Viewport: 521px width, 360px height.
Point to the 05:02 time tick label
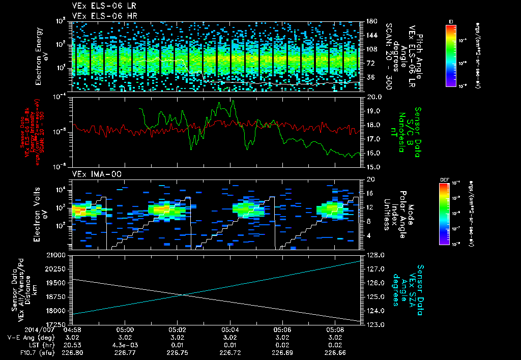click(177, 329)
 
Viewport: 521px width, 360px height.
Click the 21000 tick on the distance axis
click(60, 254)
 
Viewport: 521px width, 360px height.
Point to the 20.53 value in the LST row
click(72, 344)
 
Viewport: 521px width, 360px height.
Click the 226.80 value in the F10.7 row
click(72, 352)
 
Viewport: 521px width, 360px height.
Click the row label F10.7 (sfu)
click(32, 352)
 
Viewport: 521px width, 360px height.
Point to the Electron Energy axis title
click(39, 56)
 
